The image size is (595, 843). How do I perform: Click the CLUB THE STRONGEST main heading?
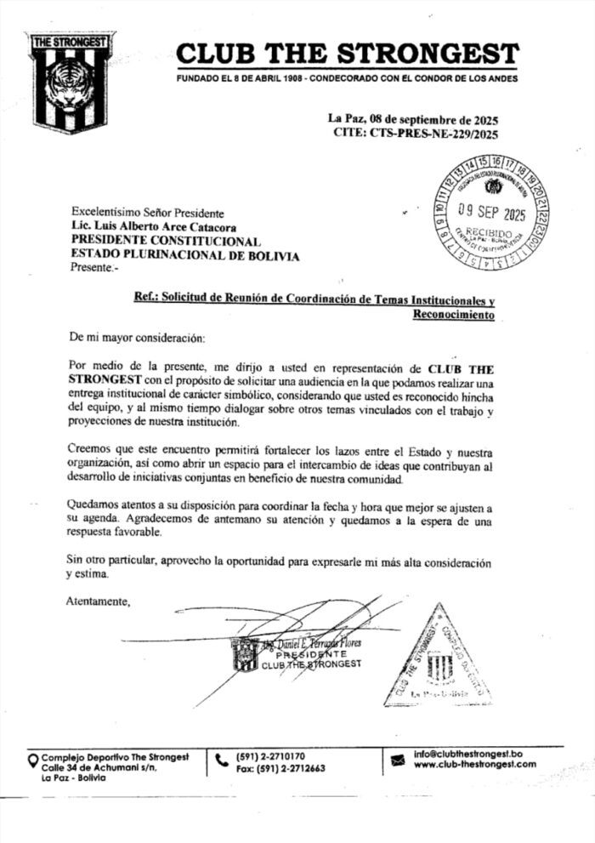(x=347, y=54)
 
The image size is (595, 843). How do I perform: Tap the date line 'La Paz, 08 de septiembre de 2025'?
(x=413, y=119)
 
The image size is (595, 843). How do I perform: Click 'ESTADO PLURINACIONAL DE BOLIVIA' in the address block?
(x=184, y=254)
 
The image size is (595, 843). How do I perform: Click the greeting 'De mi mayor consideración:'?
(x=136, y=339)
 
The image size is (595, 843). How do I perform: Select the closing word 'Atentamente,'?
(x=98, y=602)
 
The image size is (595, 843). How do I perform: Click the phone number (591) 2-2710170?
(x=270, y=755)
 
